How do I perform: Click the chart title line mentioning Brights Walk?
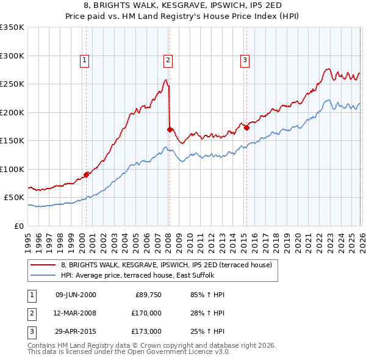pos(182,4)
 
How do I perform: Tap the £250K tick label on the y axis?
pos(12,84)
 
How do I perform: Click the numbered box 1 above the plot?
pos(84,60)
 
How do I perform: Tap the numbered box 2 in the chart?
pos(167,60)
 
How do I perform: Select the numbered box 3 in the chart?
pos(244,60)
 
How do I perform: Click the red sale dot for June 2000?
pos(86,175)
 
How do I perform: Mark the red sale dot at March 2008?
pos(170,129)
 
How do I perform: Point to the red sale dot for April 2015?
pos(246,128)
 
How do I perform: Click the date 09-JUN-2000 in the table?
pos(76,295)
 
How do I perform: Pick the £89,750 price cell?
pos(147,295)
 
